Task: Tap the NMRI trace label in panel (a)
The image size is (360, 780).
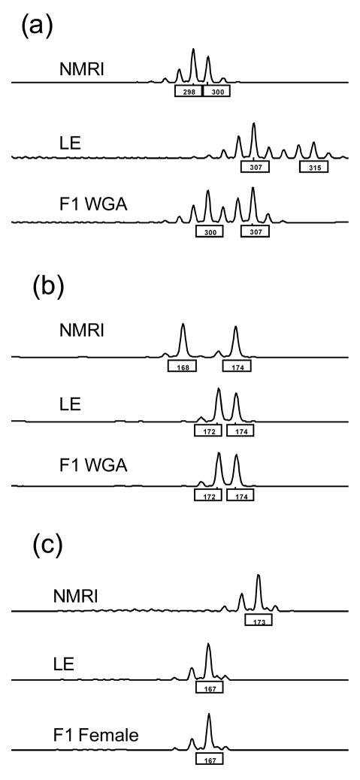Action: [x=82, y=70]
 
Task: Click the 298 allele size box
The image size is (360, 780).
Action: [x=188, y=91]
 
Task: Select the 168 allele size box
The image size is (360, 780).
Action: [x=182, y=366]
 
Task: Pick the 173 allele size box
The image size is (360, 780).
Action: [x=258, y=620]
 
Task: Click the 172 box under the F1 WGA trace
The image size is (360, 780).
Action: [x=208, y=497]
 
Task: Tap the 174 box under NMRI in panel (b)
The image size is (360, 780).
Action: [x=237, y=366]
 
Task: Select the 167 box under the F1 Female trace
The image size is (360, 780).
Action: [x=210, y=759]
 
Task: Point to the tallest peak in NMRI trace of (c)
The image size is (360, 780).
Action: [x=259, y=577]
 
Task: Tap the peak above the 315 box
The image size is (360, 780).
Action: [x=313, y=144]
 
